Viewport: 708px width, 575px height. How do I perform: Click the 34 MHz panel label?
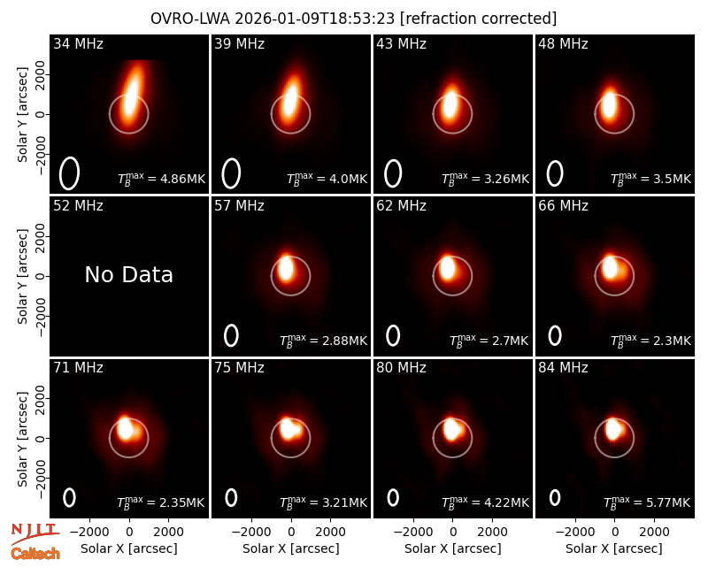pos(78,43)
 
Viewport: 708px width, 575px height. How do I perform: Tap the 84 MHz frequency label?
pos(563,368)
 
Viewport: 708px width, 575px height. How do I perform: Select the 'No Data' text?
pos(128,274)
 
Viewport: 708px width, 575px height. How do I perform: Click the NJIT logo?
pos(35,533)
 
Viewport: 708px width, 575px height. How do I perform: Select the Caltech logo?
pos(35,554)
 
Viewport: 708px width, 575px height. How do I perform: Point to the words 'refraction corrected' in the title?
pos(479,19)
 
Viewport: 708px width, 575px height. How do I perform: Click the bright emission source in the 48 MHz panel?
pos(609,104)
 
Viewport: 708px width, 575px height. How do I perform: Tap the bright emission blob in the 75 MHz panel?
pos(289,428)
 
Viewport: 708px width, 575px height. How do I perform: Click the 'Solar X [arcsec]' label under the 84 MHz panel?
pos(614,548)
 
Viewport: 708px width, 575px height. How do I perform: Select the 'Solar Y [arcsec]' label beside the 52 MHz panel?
pos(22,276)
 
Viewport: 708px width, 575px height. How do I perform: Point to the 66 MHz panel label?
pos(563,206)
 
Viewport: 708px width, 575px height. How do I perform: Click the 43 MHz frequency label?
pos(402,43)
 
